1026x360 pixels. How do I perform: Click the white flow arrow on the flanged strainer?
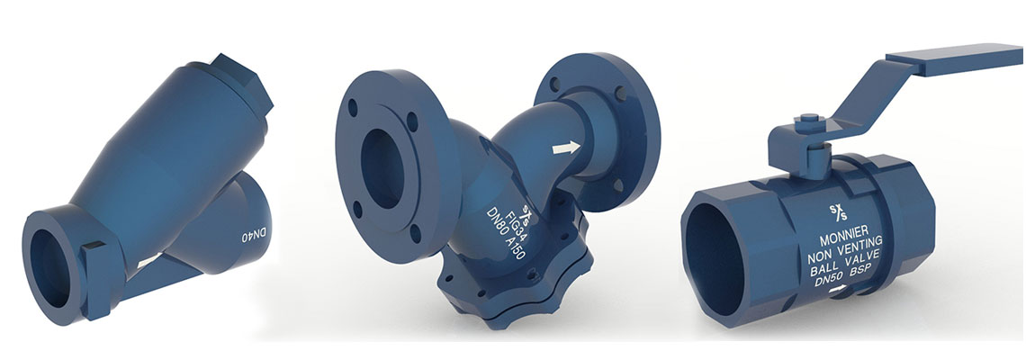566,148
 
